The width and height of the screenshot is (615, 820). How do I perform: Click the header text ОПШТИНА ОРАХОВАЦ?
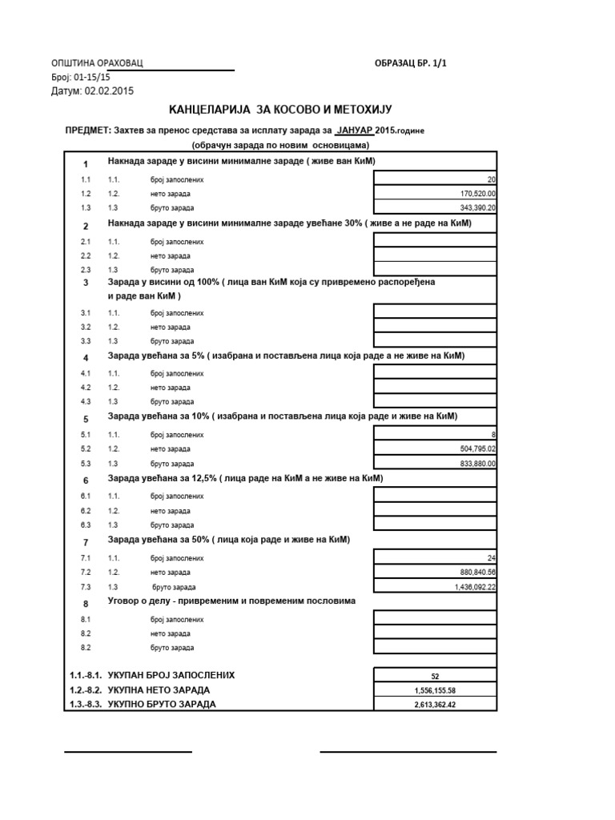(97, 63)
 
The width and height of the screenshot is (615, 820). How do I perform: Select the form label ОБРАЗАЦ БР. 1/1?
(410, 63)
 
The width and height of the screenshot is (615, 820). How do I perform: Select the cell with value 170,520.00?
(436, 193)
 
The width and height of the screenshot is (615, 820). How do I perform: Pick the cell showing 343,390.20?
(436, 207)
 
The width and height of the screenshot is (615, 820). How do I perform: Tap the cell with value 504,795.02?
(436, 448)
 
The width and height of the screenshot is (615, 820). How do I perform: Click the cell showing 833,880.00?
(436, 463)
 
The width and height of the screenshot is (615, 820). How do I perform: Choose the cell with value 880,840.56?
(436, 572)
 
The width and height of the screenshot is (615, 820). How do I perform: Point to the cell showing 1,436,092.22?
(436, 586)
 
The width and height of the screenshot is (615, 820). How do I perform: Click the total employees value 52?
(436, 676)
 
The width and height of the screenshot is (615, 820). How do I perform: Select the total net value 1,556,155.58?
(436, 690)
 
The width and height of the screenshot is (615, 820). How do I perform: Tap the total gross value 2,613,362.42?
(436, 705)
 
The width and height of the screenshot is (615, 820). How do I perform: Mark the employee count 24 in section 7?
(436, 557)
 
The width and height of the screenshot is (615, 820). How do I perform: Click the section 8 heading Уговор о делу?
(232, 600)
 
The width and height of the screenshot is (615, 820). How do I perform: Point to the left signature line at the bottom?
(128, 751)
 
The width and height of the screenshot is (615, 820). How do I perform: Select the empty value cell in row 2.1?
(436, 240)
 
